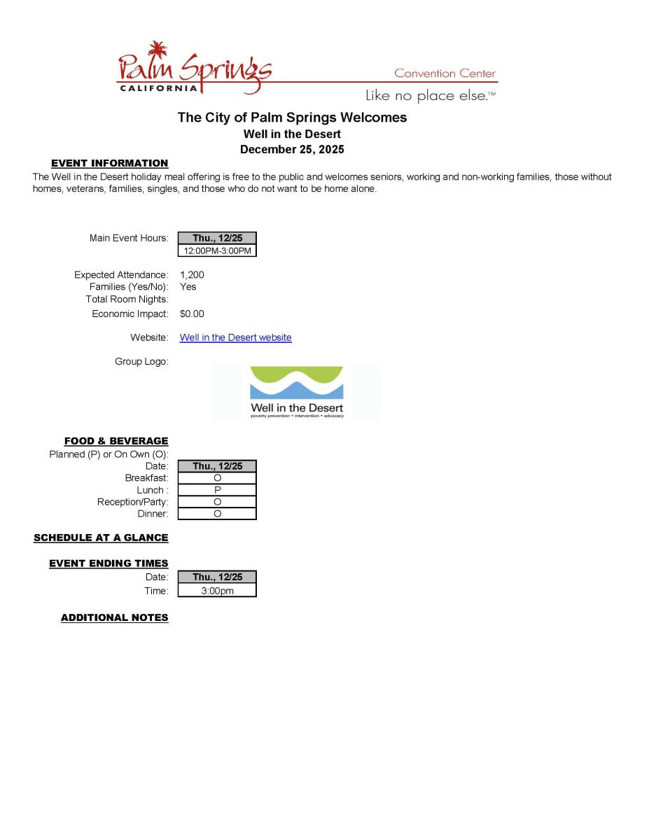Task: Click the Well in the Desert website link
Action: (x=235, y=337)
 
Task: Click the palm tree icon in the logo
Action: (x=158, y=50)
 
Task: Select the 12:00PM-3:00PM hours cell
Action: (x=217, y=251)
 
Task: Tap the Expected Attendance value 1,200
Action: (x=192, y=275)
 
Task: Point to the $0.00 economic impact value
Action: (x=192, y=314)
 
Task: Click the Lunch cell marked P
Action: (x=217, y=490)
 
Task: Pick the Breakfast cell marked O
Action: (x=217, y=478)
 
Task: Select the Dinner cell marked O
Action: (x=217, y=514)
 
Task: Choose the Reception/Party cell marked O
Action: (x=217, y=502)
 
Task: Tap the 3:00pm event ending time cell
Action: (x=217, y=591)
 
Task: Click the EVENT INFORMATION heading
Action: (x=109, y=163)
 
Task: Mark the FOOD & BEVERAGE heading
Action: (x=116, y=441)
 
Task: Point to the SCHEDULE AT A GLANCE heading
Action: (x=101, y=538)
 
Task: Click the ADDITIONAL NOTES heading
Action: (x=114, y=617)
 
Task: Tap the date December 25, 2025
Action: (x=292, y=149)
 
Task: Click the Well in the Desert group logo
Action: (x=297, y=391)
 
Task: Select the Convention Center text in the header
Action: (x=445, y=73)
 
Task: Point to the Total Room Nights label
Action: (x=127, y=299)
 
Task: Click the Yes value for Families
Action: (x=188, y=286)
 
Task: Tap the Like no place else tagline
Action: (x=430, y=95)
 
